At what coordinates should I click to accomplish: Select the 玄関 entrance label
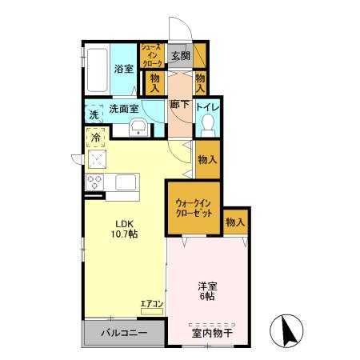pyautogui.click(x=179, y=56)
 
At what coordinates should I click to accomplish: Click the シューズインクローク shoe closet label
pyautogui.click(x=152, y=55)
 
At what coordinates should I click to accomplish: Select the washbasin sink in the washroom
pyautogui.click(x=138, y=126)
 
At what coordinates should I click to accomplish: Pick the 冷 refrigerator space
pyautogui.click(x=95, y=138)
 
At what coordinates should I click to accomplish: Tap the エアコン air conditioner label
pyautogui.click(x=151, y=303)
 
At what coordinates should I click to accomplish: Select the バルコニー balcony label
pyautogui.click(x=122, y=333)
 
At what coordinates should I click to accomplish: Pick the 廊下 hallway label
pyautogui.click(x=179, y=105)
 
